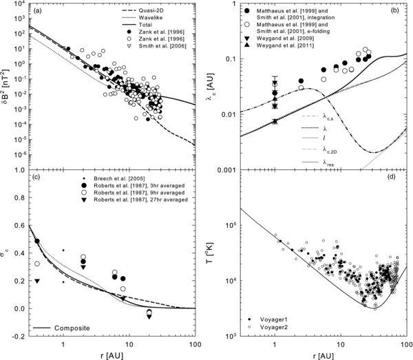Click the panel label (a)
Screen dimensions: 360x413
pyautogui.click(x=39, y=12)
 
